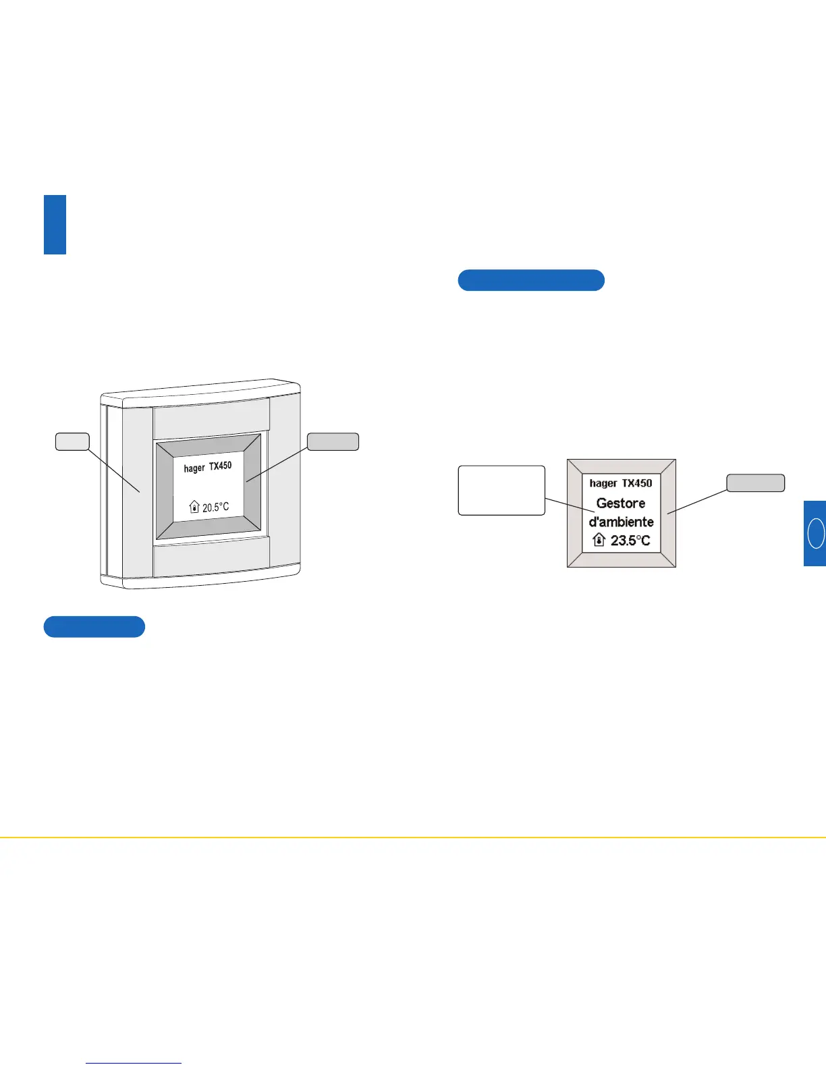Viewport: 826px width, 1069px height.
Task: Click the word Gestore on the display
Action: pos(620,503)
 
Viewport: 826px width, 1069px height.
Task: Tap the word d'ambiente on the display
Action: pos(621,522)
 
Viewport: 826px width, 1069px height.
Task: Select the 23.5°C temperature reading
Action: pos(630,541)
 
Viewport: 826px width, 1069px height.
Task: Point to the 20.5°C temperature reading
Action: pos(215,507)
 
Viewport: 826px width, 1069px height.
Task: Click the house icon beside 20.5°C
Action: pos(194,507)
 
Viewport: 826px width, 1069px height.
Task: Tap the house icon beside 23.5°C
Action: pos(599,540)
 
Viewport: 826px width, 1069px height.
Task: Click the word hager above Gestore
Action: pos(603,483)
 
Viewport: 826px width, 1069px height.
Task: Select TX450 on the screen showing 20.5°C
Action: pos(220,466)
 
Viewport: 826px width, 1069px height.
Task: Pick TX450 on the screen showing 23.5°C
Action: pos(637,483)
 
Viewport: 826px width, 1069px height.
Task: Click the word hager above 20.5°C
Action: pos(194,468)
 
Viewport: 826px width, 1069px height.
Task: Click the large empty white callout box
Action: pos(501,490)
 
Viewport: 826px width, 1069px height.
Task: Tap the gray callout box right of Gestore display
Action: pos(755,483)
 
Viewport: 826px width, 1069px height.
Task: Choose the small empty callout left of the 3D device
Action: pos(72,441)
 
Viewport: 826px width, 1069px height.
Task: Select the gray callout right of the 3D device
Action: pos(333,441)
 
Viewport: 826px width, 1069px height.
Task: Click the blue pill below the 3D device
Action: pos(94,627)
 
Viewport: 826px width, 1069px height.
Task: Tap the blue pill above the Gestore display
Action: pos(531,280)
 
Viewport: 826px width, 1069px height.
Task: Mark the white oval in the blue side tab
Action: pos(816,532)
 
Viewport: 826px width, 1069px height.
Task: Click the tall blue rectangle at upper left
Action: pos(55,225)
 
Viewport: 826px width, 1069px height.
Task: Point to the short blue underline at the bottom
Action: pos(134,1063)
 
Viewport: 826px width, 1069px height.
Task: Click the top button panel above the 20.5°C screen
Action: pos(211,418)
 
